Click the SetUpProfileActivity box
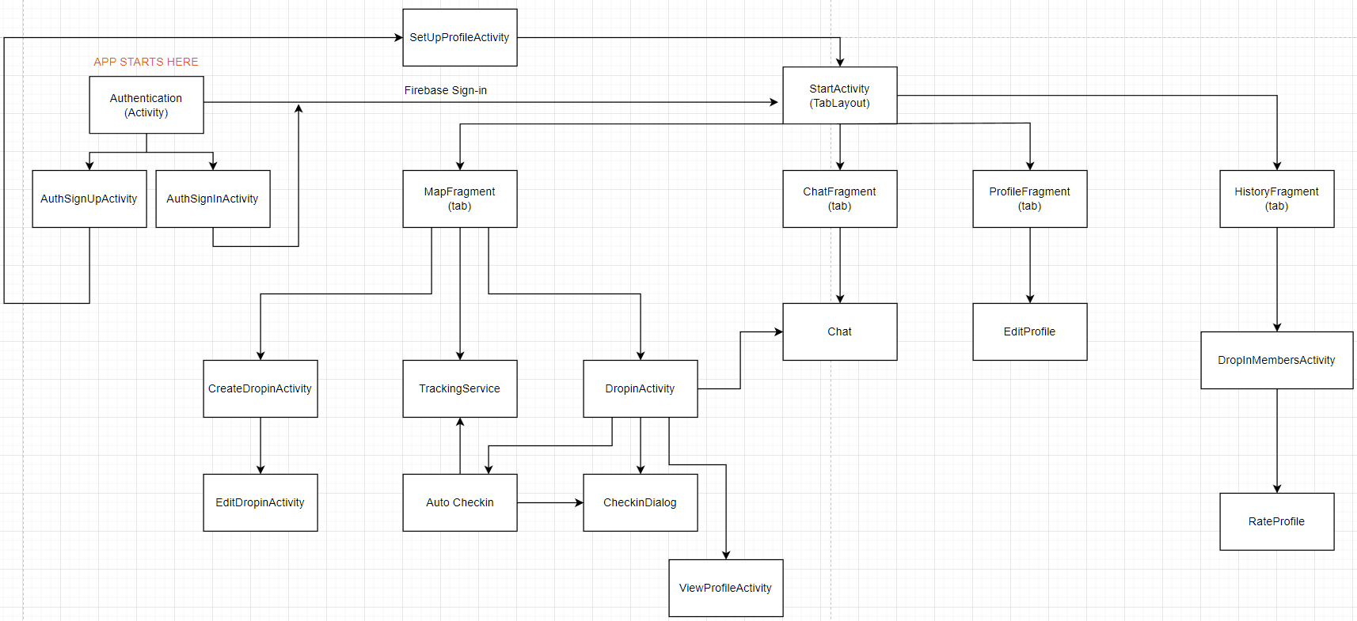point(459,37)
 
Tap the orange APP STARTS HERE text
point(146,62)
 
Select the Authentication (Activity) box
point(146,104)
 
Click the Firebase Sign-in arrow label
point(445,90)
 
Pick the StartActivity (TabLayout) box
point(839,95)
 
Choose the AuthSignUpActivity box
point(89,199)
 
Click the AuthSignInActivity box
point(212,199)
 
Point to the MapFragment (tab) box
point(459,199)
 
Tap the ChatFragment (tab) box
point(839,199)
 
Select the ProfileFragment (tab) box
point(1029,199)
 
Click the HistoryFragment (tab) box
point(1276,199)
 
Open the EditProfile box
point(1029,331)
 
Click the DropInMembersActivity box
point(1276,360)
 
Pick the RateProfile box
point(1276,521)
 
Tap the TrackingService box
point(459,388)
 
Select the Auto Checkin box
point(459,502)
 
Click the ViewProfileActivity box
point(725,588)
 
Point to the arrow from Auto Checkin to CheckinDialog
point(549,502)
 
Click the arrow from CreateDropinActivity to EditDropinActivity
point(260,445)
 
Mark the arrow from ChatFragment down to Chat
point(840,265)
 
